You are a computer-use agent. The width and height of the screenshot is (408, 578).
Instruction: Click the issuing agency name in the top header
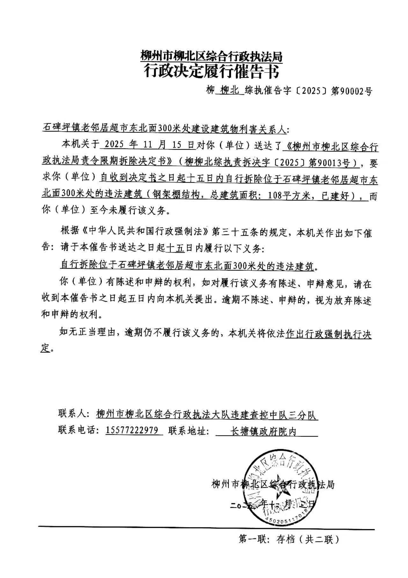211,57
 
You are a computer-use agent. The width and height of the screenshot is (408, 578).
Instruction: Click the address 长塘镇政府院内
263,431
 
